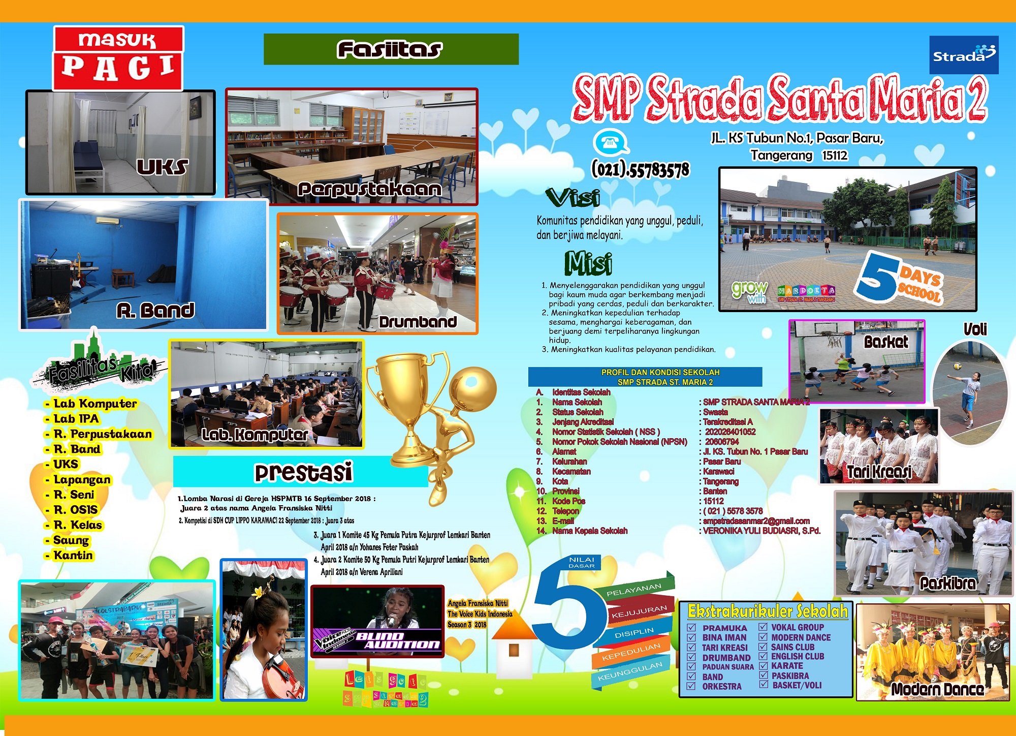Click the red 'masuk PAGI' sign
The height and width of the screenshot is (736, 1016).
[118, 58]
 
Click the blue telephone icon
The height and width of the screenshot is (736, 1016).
[611, 142]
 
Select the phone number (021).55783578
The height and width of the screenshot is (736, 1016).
[640, 170]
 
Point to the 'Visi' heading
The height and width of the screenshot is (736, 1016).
[573, 198]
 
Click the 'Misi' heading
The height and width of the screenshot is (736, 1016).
[588, 263]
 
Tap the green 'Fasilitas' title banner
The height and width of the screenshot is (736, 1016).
[391, 49]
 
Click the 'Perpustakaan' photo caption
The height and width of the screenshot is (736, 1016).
[369, 189]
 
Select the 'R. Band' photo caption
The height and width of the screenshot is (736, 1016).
[155, 310]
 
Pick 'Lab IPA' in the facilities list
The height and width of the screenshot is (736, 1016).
[76, 419]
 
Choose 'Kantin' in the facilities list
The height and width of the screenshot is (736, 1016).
[73, 555]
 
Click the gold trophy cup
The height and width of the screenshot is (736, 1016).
[409, 402]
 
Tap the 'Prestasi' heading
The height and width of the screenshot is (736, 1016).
[303, 472]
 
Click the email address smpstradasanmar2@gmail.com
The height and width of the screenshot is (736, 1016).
[756, 521]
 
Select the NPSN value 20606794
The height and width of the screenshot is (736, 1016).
[722, 442]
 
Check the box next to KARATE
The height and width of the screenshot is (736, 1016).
[763, 666]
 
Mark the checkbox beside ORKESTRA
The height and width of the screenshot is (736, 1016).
[691, 686]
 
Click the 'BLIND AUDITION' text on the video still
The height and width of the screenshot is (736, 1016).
[396, 640]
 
